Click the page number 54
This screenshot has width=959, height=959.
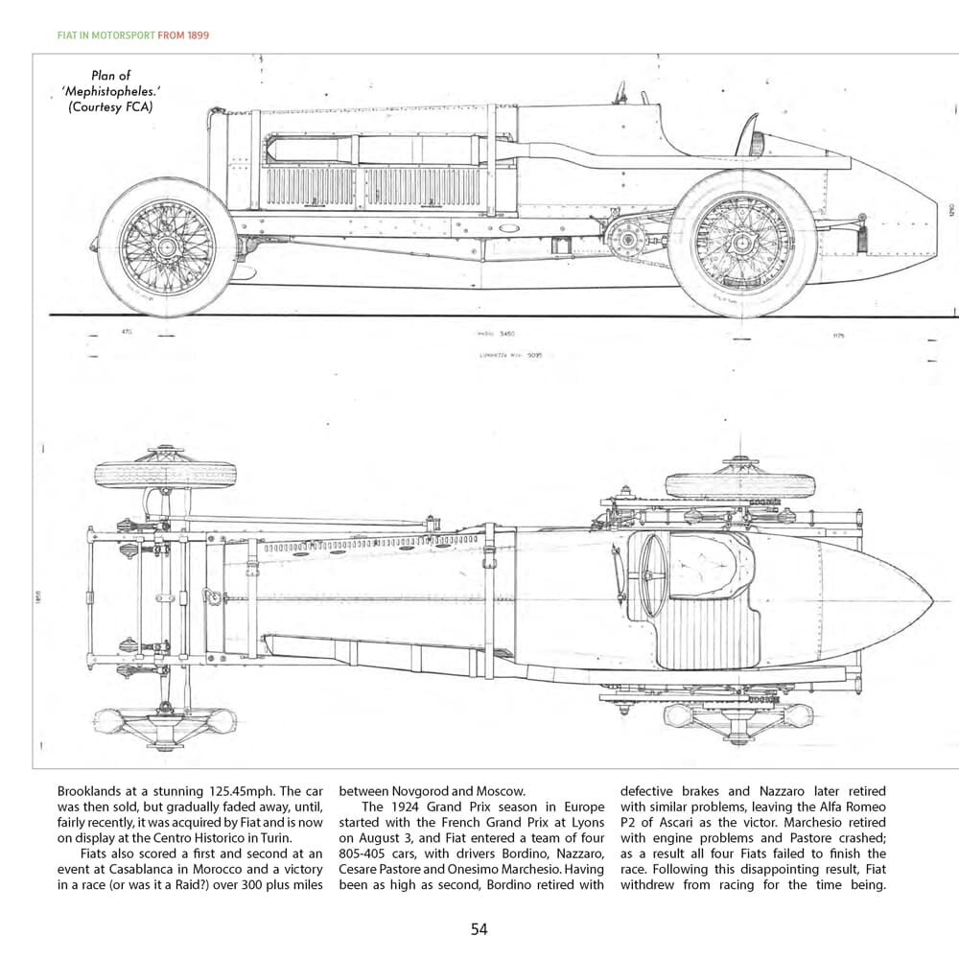tap(479, 929)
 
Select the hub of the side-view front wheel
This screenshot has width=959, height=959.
tap(167, 247)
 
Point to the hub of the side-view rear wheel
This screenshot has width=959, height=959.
tap(742, 245)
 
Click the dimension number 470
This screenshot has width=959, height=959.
tap(126, 333)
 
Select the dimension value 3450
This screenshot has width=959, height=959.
tap(505, 334)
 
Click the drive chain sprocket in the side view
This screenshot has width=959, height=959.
tap(628, 236)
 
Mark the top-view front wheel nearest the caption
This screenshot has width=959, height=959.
tap(165, 473)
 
